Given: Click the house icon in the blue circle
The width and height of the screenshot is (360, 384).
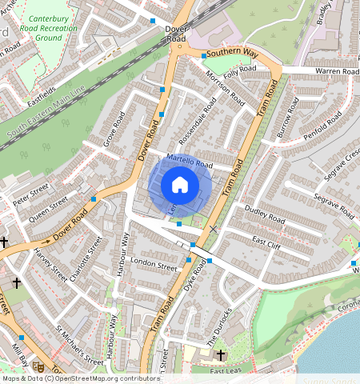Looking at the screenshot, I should coord(180,186).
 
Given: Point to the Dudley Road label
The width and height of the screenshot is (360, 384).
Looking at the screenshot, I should coord(265,215).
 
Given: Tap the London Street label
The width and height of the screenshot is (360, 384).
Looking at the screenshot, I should coord(154,263).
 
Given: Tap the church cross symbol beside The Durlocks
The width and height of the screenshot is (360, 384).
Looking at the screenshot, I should coord(221,354).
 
